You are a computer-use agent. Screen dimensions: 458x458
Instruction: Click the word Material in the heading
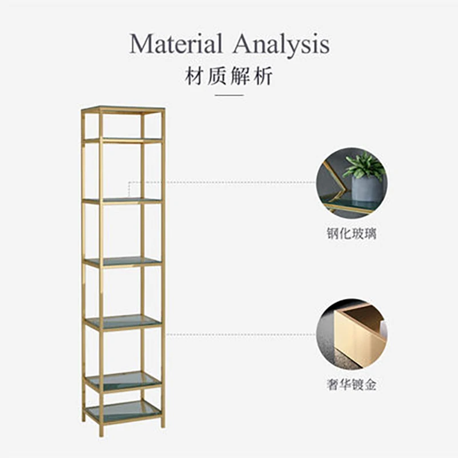176,44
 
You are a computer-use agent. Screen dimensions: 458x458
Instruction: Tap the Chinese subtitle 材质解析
228,76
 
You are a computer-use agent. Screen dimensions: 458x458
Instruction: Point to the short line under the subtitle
228,96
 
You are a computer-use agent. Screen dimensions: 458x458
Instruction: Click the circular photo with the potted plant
352,183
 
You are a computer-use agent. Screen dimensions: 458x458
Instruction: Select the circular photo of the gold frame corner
352,333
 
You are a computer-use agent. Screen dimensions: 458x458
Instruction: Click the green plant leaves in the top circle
364,165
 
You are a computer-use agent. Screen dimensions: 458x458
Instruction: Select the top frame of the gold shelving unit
123,109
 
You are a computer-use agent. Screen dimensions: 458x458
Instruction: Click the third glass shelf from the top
123,262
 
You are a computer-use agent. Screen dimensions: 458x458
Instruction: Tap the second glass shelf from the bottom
123,380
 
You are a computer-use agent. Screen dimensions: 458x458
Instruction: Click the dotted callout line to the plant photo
229,183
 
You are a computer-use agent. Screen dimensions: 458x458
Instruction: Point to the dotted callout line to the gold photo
240,334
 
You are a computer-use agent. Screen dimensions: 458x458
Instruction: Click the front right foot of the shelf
163,423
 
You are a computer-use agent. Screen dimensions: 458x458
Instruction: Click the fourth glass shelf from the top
123,322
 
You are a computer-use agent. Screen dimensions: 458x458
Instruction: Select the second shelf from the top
123,200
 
